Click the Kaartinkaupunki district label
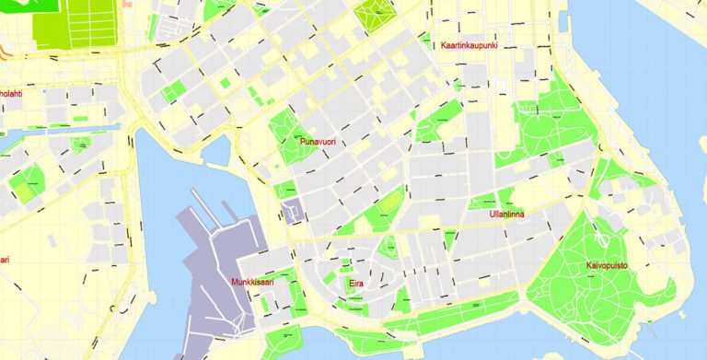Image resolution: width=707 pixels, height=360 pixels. (x=469, y=45)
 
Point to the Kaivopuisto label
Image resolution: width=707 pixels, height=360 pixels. (x=607, y=266)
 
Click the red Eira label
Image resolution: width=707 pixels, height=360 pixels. (x=356, y=285)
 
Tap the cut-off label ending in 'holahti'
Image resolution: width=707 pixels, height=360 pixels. (x=10, y=93)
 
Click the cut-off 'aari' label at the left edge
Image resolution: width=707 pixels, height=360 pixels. (x=5, y=260)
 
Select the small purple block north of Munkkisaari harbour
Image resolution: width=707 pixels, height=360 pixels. (x=294, y=212)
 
